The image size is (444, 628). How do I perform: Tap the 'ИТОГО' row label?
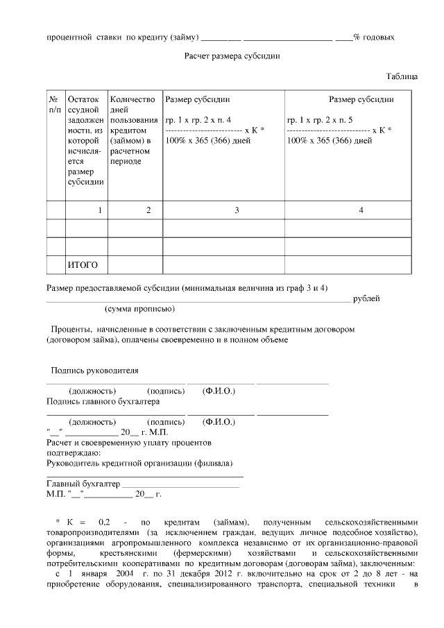coord(83,265)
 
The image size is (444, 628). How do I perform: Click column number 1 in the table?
coord(100,210)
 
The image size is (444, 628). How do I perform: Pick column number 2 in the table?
coord(148,210)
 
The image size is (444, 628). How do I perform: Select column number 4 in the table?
coord(361,210)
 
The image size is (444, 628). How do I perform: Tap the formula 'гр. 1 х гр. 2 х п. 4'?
coord(198,119)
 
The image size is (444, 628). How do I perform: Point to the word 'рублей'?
coord(366,298)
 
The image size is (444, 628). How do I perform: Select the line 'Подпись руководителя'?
coord(94,371)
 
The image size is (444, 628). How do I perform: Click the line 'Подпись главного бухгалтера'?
coord(103,401)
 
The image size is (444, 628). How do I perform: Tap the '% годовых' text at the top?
coord(375,36)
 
